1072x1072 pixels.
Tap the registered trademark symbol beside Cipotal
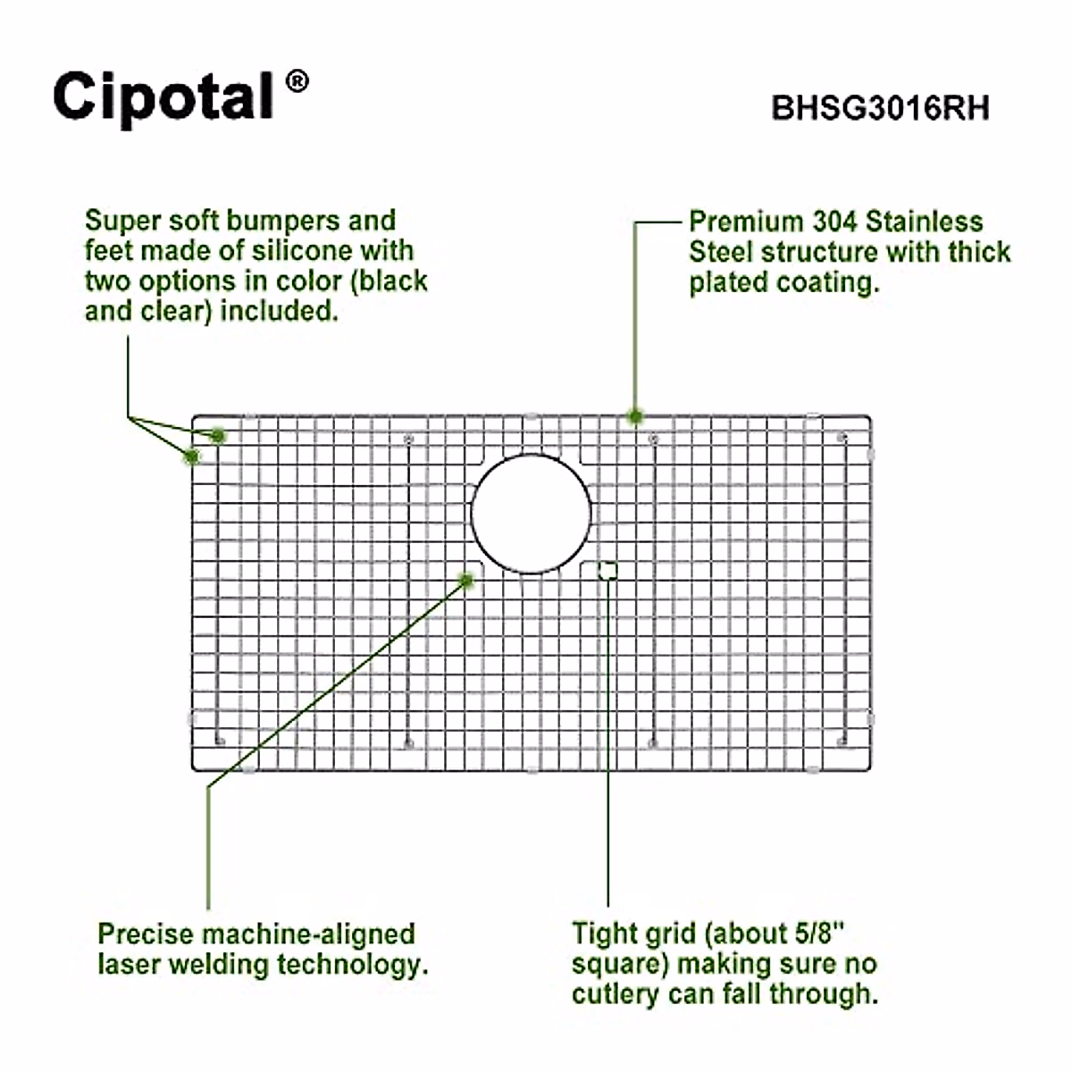coord(297,82)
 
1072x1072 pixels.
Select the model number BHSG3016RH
coord(880,108)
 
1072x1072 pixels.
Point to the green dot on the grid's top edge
coord(635,415)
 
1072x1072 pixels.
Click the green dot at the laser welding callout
coord(465,580)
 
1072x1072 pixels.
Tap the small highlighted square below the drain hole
coord(607,570)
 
